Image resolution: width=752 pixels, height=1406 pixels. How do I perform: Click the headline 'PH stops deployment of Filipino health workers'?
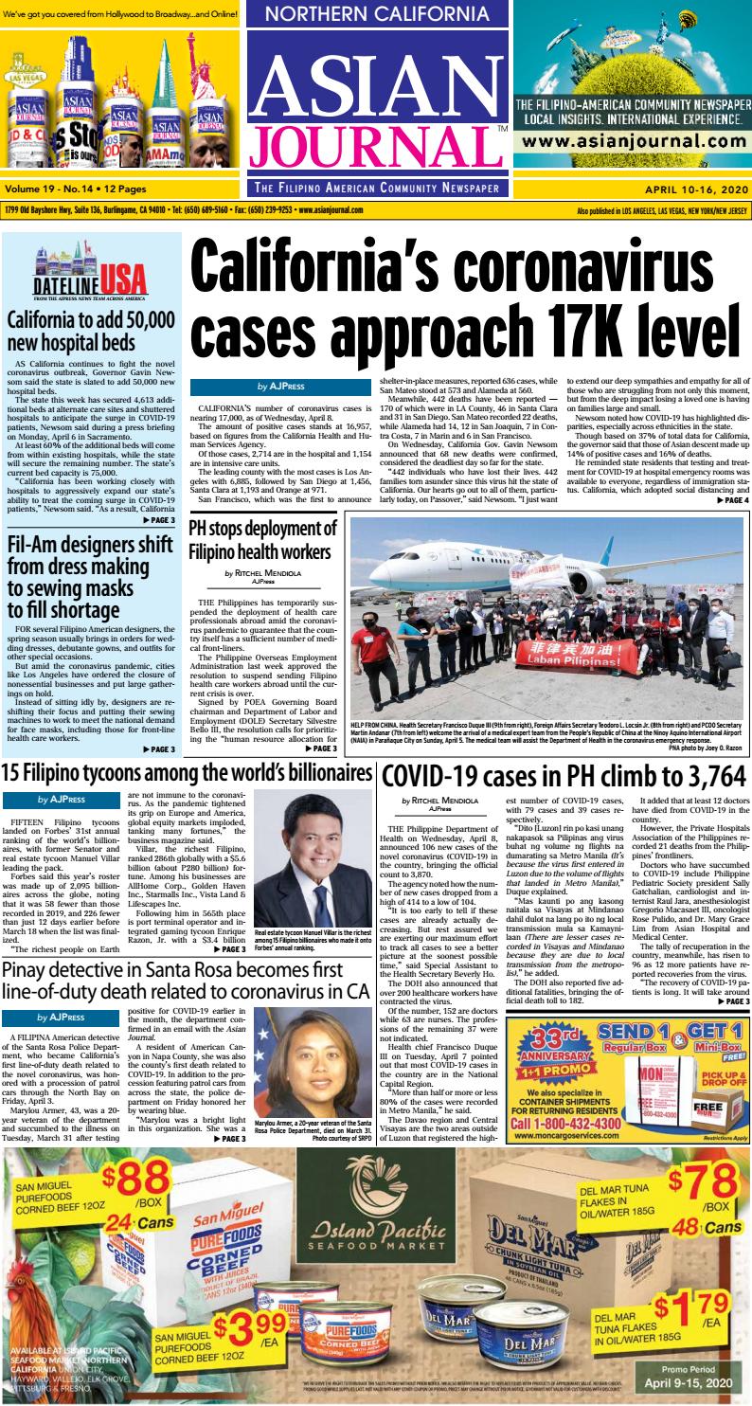262,539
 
